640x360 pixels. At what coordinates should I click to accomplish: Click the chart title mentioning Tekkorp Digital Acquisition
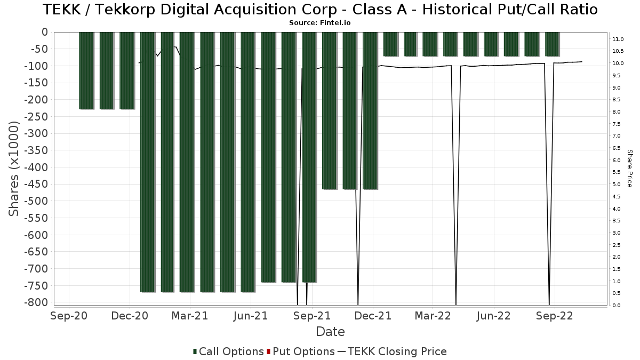click(x=320, y=9)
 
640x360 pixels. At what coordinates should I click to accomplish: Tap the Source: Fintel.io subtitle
click(x=319, y=23)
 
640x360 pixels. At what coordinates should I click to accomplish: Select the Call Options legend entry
click(x=228, y=351)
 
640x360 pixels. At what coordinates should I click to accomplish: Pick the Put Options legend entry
click(x=301, y=351)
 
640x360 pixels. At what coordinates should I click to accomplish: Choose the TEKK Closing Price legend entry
click(x=392, y=351)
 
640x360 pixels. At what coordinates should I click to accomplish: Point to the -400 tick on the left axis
click(x=36, y=167)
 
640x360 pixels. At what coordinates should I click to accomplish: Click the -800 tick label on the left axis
click(x=36, y=302)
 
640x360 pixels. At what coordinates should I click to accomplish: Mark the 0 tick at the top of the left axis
click(x=45, y=33)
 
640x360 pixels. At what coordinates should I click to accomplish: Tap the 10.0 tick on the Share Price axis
click(x=618, y=63)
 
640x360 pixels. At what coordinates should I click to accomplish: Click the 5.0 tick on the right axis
click(x=617, y=185)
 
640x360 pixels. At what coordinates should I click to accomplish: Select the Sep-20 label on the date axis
click(x=69, y=316)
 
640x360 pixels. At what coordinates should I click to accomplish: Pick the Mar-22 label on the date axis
click(x=433, y=316)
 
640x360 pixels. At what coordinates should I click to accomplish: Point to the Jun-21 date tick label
click(x=251, y=316)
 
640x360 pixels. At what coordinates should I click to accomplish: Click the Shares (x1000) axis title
click(x=13, y=169)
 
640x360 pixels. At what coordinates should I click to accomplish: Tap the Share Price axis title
click(x=629, y=169)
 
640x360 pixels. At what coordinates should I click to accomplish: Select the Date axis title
click(x=330, y=332)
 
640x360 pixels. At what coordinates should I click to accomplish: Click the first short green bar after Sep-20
click(x=86, y=70)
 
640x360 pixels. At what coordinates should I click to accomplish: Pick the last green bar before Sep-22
click(x=552, y=44)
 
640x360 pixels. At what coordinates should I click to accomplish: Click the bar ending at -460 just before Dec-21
click(x=370, y=111)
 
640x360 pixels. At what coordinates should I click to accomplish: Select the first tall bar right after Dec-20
click(x=148, y=162)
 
